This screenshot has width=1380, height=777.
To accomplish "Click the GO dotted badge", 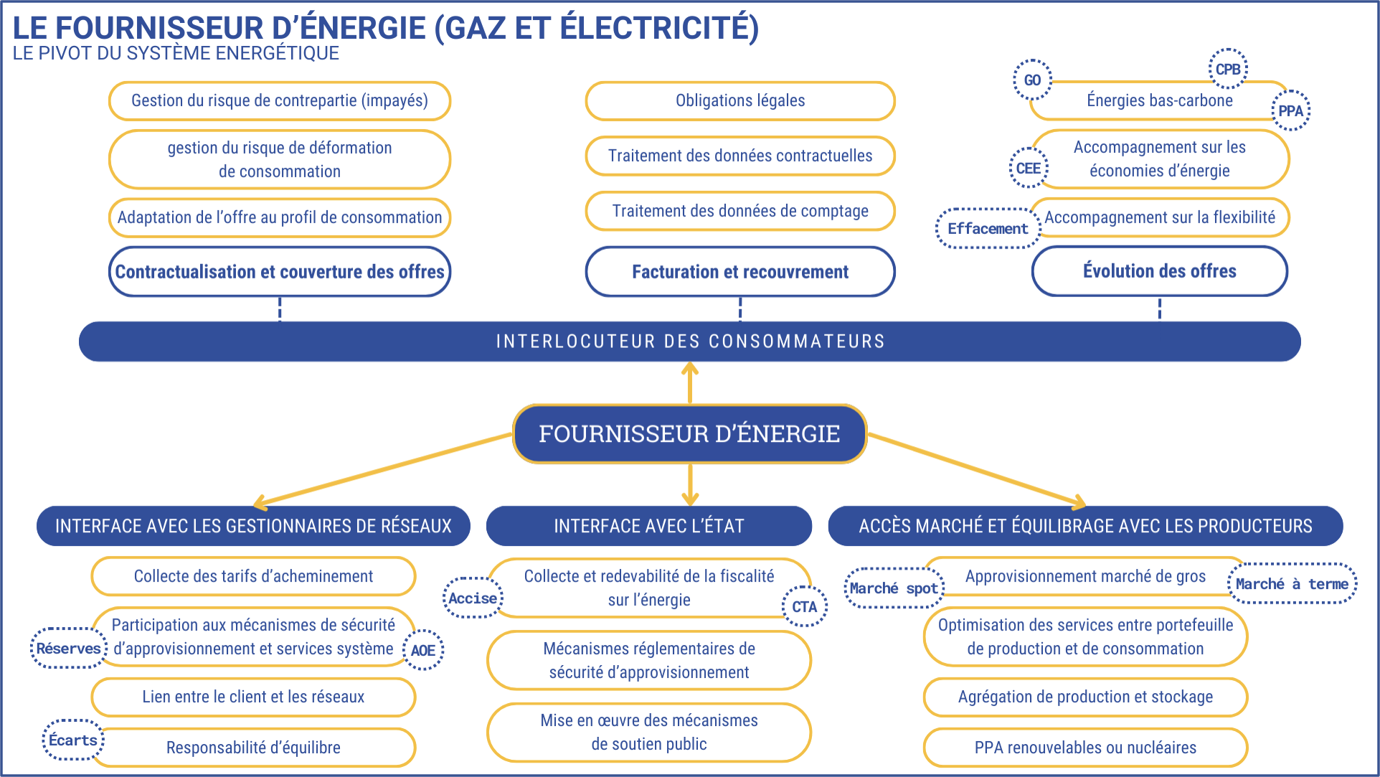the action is (x=1032, y=80).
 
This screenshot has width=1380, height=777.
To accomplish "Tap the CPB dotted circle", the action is (x=1228, y=69).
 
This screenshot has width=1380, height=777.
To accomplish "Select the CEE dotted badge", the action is (x=1029, y=168).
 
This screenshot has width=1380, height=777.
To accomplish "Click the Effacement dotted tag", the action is (x=988, y=229).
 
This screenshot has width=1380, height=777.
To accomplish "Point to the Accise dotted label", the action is (x=473, y=598).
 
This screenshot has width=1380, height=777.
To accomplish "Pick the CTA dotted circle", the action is (x=804, y=606).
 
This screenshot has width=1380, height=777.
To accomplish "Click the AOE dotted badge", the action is (x=422, y=650).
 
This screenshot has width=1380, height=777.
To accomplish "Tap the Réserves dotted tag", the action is (x=69, y=649).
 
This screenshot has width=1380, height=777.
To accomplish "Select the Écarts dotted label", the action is (x=73, y=740).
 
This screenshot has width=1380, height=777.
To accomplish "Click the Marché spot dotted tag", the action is (x=894, y=588).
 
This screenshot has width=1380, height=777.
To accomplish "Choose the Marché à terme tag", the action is (x=1292, y=583).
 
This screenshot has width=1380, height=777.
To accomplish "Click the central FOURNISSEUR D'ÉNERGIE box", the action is (x=689, y=434).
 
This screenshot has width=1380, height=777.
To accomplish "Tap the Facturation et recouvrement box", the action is (x=740, y=272).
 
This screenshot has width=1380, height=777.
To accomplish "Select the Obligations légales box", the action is (x=740, y=100).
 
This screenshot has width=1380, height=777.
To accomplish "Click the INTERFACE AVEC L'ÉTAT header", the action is (x=649, y=526).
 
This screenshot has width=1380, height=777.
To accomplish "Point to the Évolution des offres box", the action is (x=1160, y=271).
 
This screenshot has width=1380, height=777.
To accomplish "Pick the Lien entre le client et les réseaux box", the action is (x=253, y=697).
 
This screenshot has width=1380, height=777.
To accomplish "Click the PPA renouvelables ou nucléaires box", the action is (x=1085, y=748).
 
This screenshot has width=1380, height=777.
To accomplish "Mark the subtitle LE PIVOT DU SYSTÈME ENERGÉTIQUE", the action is (x=176, y=53).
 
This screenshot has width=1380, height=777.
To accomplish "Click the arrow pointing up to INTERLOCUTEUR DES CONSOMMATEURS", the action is (x=690, y=383).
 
